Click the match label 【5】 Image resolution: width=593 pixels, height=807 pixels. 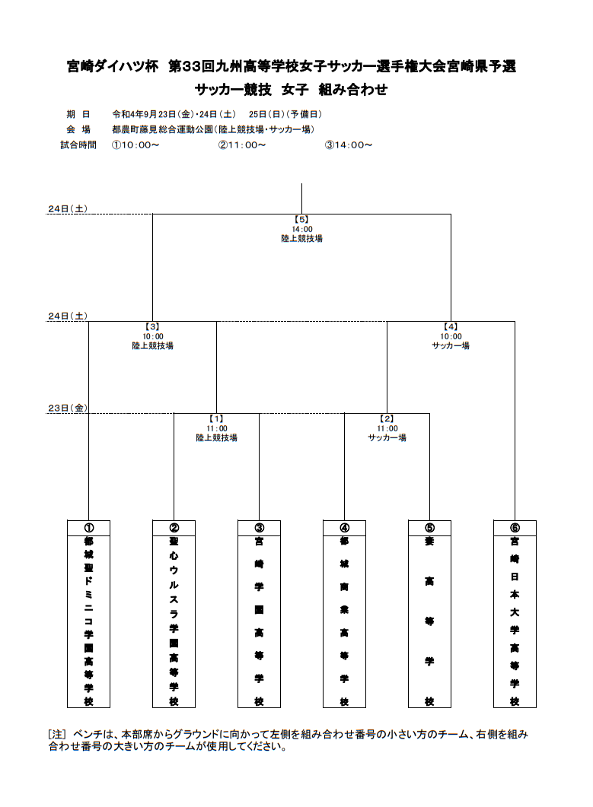click(301, 220)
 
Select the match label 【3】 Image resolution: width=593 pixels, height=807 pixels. click(152, 327)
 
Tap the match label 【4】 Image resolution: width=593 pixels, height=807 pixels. click(451, 327)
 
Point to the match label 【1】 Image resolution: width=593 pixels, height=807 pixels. click(216, 419)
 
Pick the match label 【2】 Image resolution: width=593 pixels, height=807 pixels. click(387, 419)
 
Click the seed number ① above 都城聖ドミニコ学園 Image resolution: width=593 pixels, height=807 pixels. click(88, 528)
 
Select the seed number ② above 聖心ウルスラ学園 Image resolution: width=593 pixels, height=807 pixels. click(174, 528)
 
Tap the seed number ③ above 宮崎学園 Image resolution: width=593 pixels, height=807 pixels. click(259, 528)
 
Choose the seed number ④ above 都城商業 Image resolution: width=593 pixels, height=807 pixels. click(344, 528)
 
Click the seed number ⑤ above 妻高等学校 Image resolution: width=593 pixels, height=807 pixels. click(429, 528)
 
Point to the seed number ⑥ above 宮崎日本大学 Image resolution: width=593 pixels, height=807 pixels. click(515, 528)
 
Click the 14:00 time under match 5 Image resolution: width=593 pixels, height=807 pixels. click(302, 230)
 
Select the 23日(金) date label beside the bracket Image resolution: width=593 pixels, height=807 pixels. click(68, 408)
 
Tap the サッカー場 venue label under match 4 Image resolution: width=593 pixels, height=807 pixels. click(451, 346)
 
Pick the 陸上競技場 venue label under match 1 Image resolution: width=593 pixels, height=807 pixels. click(216, 438)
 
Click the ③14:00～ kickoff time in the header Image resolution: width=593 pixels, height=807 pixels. click(349, 145)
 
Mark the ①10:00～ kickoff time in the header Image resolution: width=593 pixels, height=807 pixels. click(135, 145)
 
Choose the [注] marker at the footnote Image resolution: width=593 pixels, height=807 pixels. click(56, 735)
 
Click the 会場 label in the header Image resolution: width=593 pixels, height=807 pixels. click(78, 130)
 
